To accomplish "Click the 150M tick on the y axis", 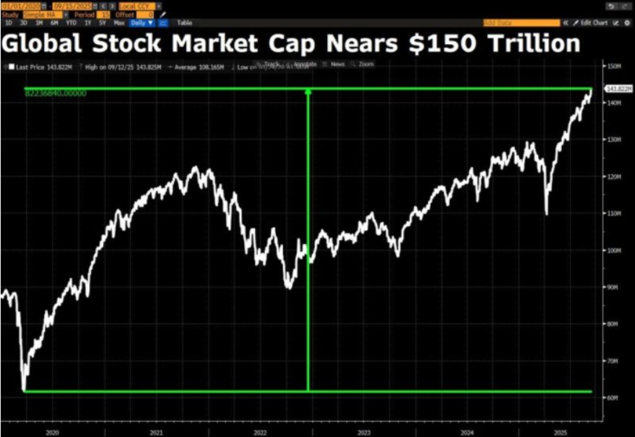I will (613, 66).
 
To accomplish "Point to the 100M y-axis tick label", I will (613, 250).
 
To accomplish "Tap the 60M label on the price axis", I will (613, 398).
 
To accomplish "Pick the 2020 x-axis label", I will (51, 432).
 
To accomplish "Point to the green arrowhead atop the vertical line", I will (308, 92).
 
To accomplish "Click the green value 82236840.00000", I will (56, 94).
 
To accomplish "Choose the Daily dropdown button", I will (142, 22).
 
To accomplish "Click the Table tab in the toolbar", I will (185, 22).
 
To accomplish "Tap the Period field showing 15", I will (106, 14).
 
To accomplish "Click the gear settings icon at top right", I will (626, 22).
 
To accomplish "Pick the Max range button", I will (119, 22).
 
